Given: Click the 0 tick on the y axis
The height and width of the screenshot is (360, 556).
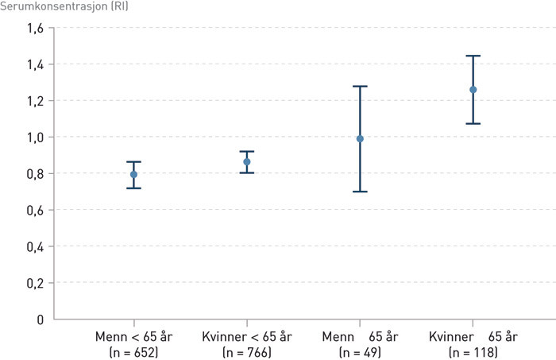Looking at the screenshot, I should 40,319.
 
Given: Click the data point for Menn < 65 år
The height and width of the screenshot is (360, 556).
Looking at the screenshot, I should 133,174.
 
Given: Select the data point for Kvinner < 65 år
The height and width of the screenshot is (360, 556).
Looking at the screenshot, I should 247,162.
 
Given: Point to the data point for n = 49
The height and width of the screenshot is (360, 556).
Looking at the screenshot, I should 360,138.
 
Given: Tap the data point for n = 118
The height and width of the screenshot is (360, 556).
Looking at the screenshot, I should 473,90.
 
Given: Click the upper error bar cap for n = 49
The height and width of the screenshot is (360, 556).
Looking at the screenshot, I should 360,86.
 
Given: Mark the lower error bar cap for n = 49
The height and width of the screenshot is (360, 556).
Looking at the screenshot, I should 360,192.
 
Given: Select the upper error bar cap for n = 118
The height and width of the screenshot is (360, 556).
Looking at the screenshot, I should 473,56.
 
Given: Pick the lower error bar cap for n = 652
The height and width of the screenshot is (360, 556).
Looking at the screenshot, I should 133,188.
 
